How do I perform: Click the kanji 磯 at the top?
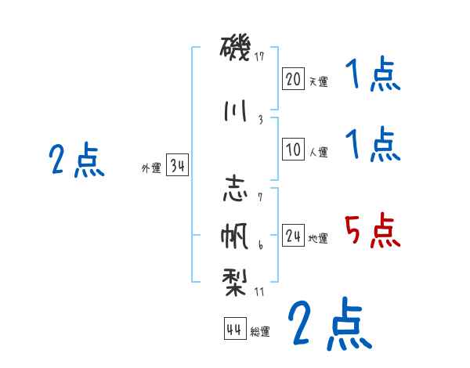tap(235, 49)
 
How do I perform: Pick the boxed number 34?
tap(177, 165)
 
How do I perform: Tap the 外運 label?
tap(151, 168)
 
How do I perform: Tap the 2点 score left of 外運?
tap(76, 161)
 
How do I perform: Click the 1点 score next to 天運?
tap(372, 76)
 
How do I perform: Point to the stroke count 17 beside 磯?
tap(260, 56)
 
